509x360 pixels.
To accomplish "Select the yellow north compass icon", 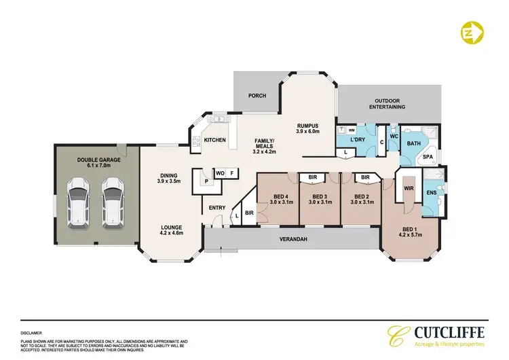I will coord(472,32).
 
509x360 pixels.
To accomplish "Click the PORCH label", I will coord(257,96).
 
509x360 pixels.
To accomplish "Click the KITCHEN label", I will coord(215,141).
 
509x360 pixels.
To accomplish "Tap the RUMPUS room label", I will coord(307,127).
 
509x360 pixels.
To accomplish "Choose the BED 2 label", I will coord(362,198).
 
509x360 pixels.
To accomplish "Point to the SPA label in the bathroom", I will coord(428,156).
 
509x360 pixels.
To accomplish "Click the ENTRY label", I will coord(217,208).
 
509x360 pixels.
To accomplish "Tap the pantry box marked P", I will coord(204,183).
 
